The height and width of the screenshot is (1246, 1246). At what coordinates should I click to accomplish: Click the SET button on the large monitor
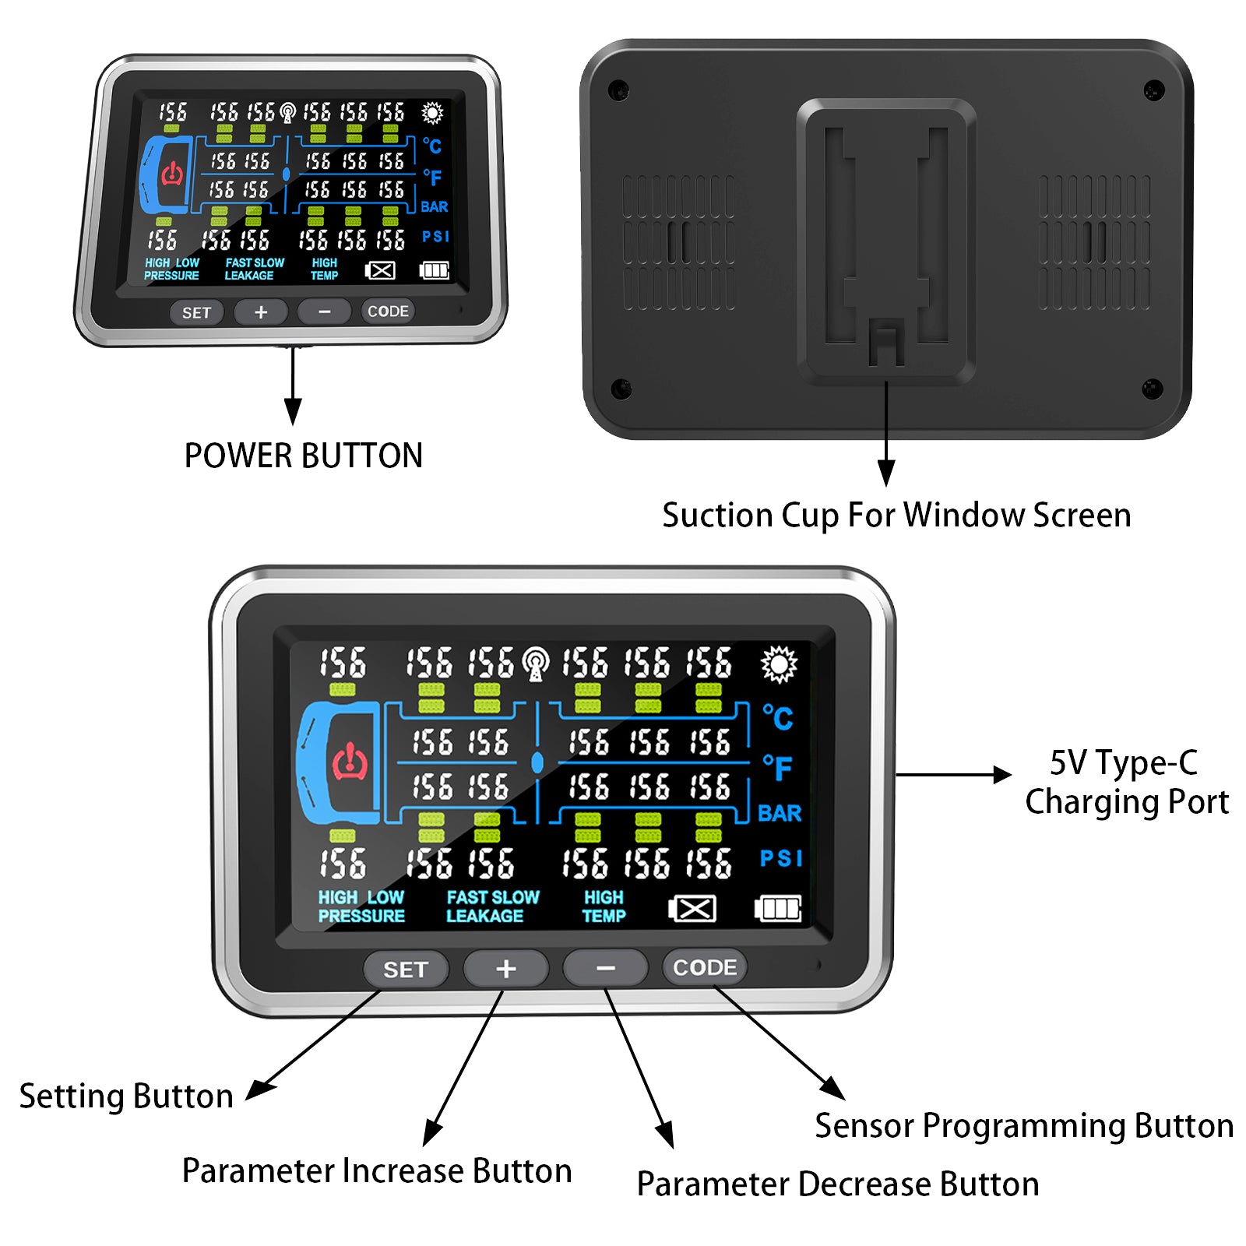click(406, 969)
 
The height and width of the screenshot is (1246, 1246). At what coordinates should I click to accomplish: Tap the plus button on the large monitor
click(506, 969)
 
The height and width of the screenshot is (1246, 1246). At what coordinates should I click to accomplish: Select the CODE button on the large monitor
click(705, 967)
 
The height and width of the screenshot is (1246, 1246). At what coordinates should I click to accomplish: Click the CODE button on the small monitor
click(388, 311)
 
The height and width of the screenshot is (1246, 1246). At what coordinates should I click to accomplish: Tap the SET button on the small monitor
click(197, 313)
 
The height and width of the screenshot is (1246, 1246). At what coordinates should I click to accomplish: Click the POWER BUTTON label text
click(304, 456)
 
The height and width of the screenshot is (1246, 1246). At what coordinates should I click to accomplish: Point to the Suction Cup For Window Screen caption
click(896, 516)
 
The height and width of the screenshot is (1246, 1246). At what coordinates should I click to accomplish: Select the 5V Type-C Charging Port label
click(1126, 782)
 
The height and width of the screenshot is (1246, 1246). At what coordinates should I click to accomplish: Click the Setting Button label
click(126, 1096)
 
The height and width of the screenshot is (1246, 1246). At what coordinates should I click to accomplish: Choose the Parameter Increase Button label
click(377, 1170)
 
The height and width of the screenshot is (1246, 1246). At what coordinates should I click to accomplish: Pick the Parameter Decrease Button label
click(838, 1184)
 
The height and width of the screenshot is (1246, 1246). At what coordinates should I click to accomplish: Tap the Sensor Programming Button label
click(1024, 1126)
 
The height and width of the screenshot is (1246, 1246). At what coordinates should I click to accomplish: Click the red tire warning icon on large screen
click(350, 762)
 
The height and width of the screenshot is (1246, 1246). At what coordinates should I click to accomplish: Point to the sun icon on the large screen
click(779, 664)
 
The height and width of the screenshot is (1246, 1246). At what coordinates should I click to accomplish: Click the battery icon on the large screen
click(778, 908)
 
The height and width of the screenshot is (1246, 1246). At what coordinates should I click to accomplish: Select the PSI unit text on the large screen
click(781, 858)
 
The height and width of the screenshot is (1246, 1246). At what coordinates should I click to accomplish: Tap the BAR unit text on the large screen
click(780, 813)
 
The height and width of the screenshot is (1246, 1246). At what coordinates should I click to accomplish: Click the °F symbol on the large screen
click(778, 769)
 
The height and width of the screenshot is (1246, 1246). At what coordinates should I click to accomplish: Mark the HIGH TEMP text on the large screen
click(604, 906)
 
